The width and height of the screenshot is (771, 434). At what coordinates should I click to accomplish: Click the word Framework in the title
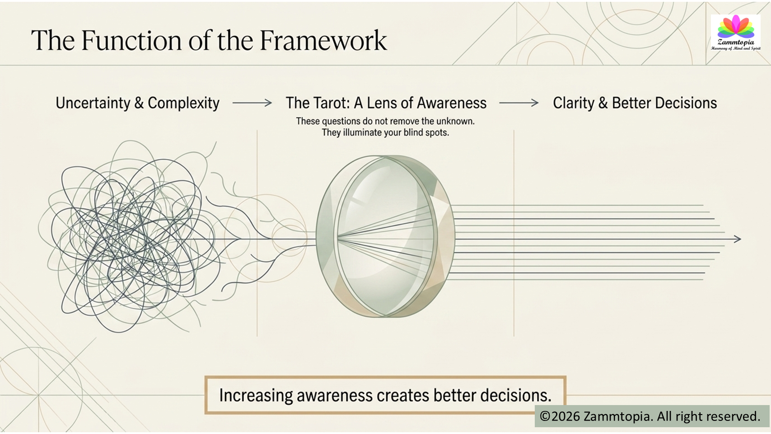(x=323, y=40)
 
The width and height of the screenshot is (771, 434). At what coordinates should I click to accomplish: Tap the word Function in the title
(x=131, y=40)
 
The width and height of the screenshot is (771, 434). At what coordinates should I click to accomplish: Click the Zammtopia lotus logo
(x=736, y=33)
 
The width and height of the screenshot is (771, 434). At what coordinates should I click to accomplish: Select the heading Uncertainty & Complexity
(x=137, y=103)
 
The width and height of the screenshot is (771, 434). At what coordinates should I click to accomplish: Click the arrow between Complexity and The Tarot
(x=252, y=103)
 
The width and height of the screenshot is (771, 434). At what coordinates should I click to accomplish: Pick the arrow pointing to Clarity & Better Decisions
(x=519, y=103)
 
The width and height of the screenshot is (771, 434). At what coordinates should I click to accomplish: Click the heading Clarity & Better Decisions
(x=635, y=103)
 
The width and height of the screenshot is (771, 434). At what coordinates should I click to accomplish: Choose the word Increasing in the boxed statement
(x=256, y=396)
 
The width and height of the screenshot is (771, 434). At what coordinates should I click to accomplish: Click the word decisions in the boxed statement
(x=516, y=395)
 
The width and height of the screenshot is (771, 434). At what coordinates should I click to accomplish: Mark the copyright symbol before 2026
(x=545, y=416)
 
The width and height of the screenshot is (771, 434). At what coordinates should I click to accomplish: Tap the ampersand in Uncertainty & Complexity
(x=138, y=103)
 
